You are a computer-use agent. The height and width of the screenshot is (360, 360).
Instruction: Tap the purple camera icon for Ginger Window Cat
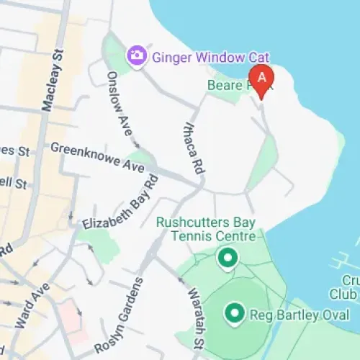[x=135, y=55]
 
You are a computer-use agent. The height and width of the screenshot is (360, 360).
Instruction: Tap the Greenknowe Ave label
[x=98, y=156]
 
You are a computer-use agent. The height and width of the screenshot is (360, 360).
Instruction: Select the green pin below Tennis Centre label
[x=228, y=257]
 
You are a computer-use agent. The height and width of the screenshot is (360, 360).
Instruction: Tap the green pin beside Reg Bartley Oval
[x=233, y=313]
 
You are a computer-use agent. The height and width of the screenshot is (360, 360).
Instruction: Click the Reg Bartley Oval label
[x=299, y=315]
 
